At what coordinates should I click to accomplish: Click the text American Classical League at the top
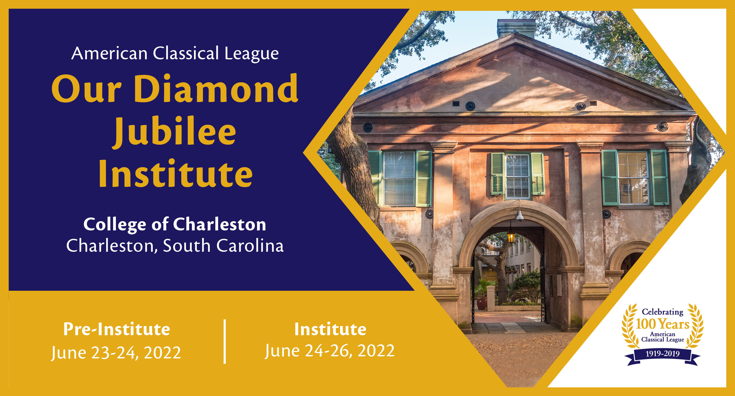175,53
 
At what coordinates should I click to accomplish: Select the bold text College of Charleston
175,224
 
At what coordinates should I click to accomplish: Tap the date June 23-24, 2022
116,353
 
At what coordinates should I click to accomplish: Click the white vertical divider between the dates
225,342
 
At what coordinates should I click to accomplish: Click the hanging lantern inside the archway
511,236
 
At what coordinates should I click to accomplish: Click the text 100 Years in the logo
662,324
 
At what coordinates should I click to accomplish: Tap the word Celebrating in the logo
662,312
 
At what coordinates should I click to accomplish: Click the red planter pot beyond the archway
482,303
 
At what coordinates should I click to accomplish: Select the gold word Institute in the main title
175,174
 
